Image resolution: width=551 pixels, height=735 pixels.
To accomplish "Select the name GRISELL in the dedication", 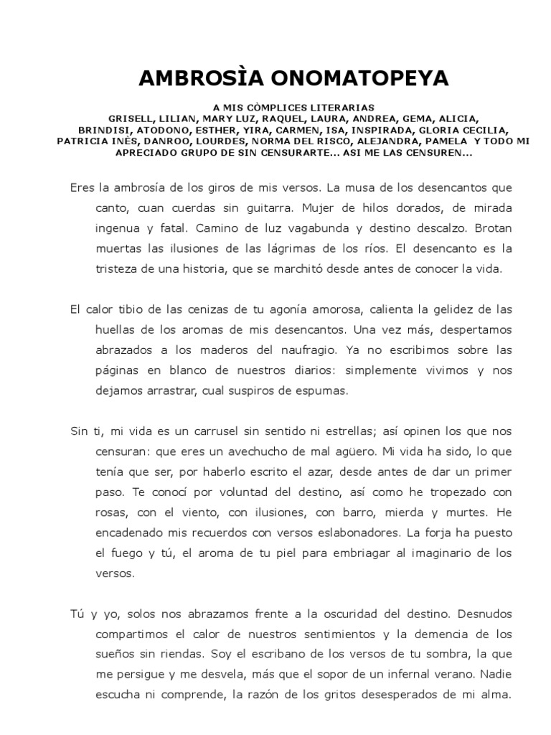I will (x=129, y=118).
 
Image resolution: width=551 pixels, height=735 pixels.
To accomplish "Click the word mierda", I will (x=393, y=514).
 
